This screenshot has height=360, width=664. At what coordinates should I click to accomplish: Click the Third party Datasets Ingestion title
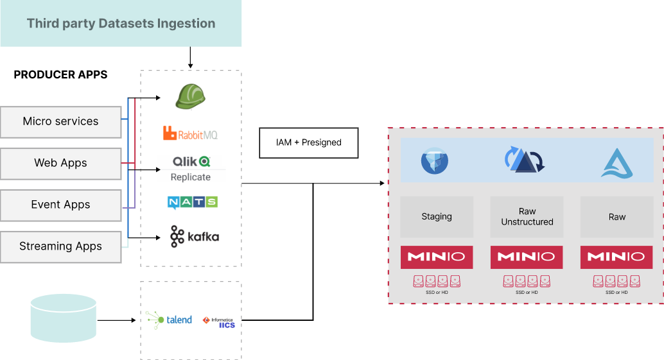[x=121, y=24]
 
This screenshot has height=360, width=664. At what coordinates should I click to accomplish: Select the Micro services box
[x=61, y=121]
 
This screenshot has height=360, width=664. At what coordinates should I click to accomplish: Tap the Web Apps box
[x=61, y=163]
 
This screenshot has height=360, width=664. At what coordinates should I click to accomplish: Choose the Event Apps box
[x=61, y=205]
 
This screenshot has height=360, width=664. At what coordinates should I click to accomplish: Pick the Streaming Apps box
[x=61, y=246]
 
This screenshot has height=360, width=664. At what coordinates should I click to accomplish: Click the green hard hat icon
[x=190, y=96]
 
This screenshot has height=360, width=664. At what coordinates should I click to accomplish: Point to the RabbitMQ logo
[x=190, y=134]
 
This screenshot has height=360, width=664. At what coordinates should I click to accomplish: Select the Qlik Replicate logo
[x=191, y=168]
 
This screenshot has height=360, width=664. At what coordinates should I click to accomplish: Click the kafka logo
[x=194, y=237]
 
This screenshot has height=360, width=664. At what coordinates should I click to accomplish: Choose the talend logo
[x=169, y=320]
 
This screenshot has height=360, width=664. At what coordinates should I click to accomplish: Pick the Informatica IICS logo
[x=219, y=321]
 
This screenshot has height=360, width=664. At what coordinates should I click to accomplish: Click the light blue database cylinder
[x=64, y=318]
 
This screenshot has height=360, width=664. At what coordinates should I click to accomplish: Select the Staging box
[x=437, y=217]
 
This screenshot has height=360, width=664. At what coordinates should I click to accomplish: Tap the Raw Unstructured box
[x=527, y=217]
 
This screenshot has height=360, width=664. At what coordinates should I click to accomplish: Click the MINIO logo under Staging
[x=437, y=257]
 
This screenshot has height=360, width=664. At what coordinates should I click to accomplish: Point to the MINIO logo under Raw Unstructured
[x=527, y=257]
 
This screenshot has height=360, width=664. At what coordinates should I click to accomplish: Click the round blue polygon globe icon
[x=435, y=161]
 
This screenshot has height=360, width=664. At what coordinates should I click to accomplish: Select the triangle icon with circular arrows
[x=525, y=160]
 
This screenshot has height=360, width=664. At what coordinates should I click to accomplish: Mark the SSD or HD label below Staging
[x=437, y=292]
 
